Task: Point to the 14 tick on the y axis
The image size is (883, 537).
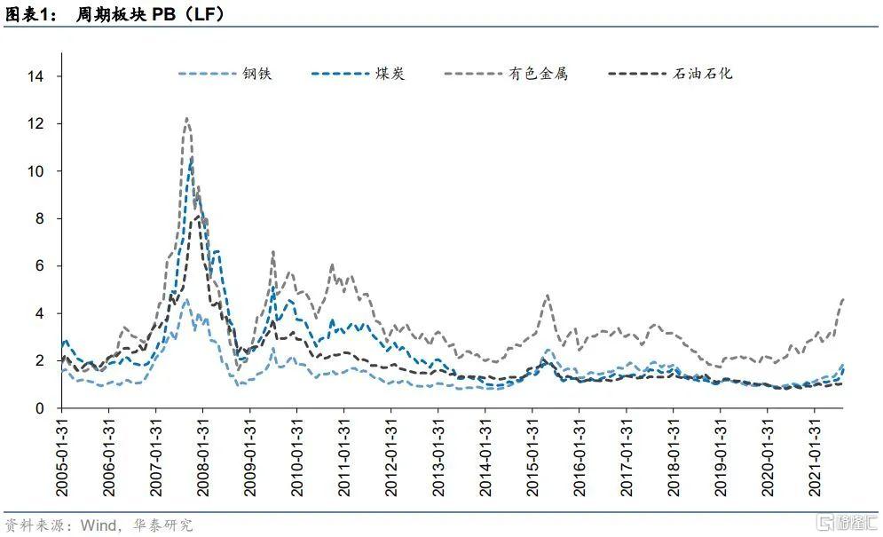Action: pyautogui.click(x=35, y=76)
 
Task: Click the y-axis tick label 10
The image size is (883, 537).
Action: pyautogui.click(x=35, y=171)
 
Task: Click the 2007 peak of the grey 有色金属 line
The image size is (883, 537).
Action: pyautogui.click(x=186, y=118)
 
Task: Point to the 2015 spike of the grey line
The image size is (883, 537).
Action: pyautogui.click(x=548, y=296)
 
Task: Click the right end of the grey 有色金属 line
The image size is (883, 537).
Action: pyautogui.click(x=841, y=300)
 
